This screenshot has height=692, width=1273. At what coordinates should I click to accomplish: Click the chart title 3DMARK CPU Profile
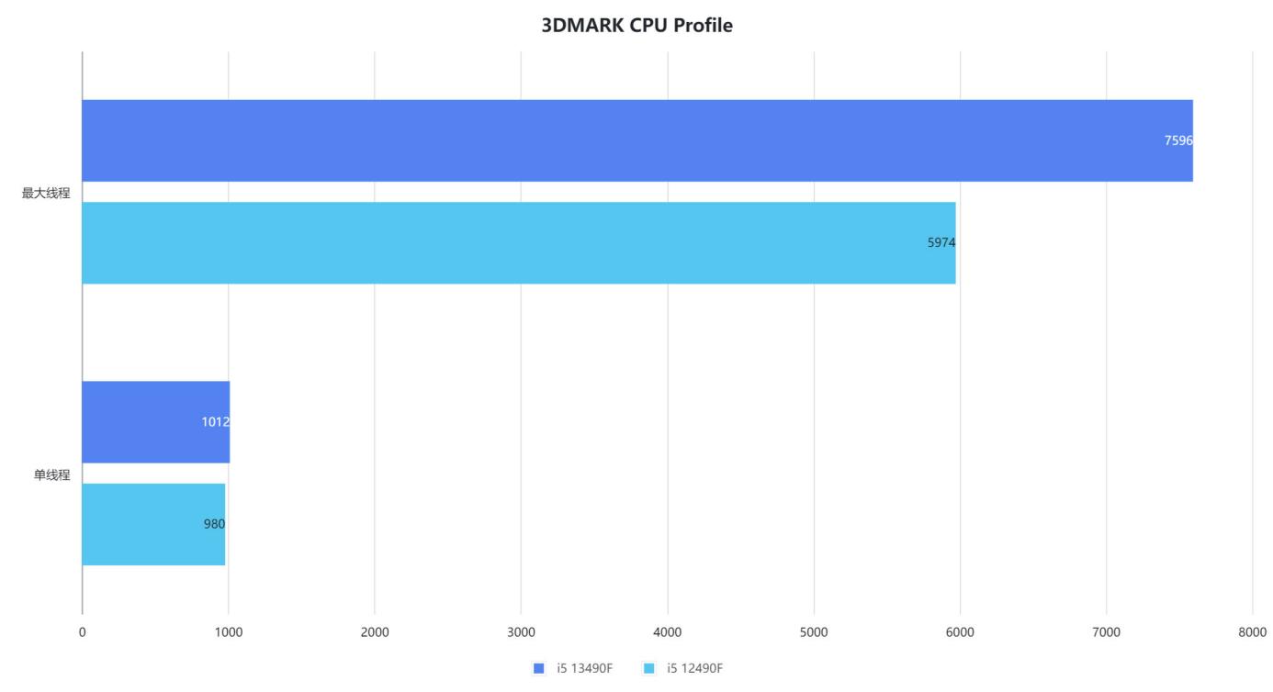tap(636, 26)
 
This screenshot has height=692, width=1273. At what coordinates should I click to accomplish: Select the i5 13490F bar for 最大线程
tap(636, 140)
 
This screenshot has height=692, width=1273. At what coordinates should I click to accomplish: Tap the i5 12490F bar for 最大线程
tap(518, 243)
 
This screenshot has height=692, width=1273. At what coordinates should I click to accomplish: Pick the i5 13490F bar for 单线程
tap(155, 422)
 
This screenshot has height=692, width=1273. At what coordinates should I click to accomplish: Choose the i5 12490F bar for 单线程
tap(153, 524)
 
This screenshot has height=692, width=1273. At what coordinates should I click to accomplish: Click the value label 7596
tap(1177, 140)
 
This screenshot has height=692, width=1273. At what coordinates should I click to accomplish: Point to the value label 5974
tap(941, 243)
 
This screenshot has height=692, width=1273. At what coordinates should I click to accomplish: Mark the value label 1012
tap(215, 422)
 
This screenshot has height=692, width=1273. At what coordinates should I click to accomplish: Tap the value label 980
tap(214, 524)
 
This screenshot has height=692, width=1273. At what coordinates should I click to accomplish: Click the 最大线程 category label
tap(46, 193)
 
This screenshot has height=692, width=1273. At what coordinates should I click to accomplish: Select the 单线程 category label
tap(51, 474)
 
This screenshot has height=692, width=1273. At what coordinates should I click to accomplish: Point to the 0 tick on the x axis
tap(83, 631)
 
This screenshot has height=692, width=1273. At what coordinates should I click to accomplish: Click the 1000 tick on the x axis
tap(229, 631)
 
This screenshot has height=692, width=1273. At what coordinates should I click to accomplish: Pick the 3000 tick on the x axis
tap(521, 631)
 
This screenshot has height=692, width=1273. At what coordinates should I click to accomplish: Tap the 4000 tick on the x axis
tap(668, 631)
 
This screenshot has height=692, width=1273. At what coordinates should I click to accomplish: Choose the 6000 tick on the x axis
tap(960, 631)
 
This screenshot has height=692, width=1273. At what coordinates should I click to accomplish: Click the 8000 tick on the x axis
tap(1252, 631)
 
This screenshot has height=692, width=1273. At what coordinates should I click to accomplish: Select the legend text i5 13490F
tap(584, 668)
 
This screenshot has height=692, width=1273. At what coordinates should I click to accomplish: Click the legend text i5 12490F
tap(694, 668)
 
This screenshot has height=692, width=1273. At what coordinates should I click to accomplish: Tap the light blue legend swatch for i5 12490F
tap(649, 668)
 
